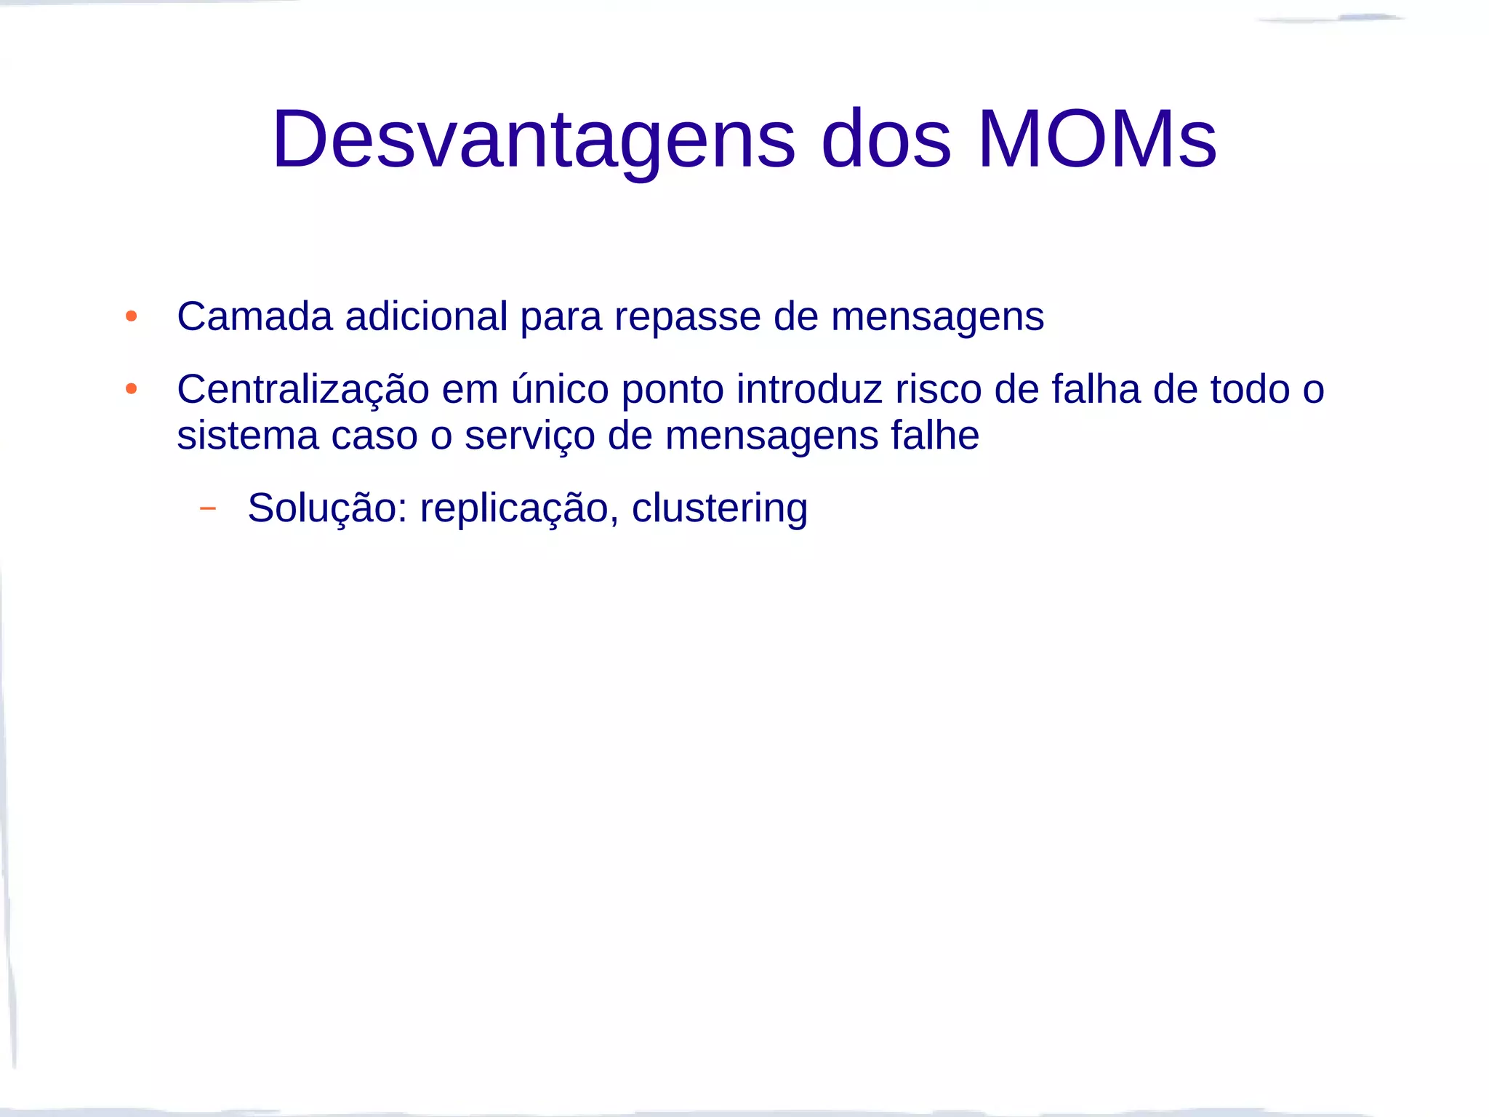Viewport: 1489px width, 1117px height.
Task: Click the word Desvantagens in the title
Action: [534, 140]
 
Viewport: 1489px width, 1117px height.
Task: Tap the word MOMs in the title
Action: [1097, 140]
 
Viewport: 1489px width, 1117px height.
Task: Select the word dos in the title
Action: [886, 140]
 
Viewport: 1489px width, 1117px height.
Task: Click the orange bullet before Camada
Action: [132, 316]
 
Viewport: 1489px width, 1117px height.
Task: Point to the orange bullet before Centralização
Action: [132, 389]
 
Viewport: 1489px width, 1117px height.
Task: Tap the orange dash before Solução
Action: [208, 508]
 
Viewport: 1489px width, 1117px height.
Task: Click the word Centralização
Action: [303, 391]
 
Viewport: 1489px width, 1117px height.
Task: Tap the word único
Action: [560, 389]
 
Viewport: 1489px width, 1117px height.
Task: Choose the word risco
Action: [939, 389]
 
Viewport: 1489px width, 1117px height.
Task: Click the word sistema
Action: [248, 436]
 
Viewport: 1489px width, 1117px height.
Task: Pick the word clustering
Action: [720, 508]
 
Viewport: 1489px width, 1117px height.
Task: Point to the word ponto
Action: [673, 391]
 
